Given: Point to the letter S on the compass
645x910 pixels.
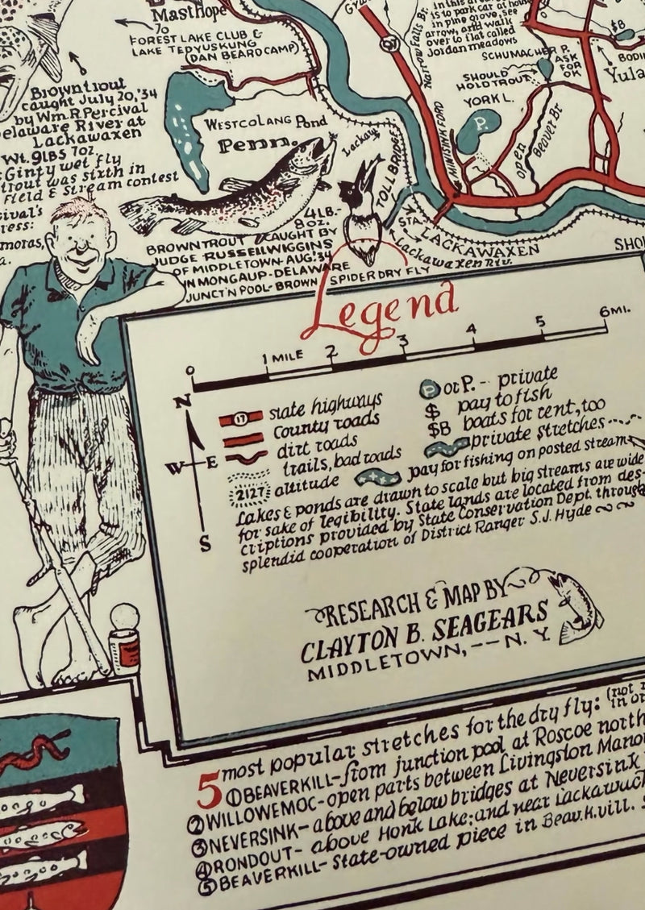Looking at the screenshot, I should (205, 543).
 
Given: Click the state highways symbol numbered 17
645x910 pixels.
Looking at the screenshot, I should (240, 417).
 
